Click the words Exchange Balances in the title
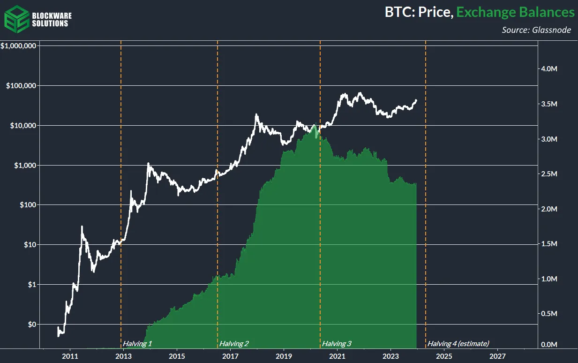pyautogui.click(x=515, y=12)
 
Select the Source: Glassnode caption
pyautogui.click(x=536, y=30)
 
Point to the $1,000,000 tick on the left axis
pyautogui.click(x=19, y=46)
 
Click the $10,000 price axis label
pyautogui.click(x=23, y=126)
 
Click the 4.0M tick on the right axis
pyautogui.click(x=549, y=69)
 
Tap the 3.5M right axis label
pyautogui.click(x=549, y=104)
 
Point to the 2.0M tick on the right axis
pyautogui.click(x=549, y=209)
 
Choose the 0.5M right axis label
pyautogui.click(x=549, y=314)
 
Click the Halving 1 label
pyautogui.click(x=137, y=344)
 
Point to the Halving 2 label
pyautogui.click(x=234, y=344)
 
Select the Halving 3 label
pyautogui.click(x=337, y=344)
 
